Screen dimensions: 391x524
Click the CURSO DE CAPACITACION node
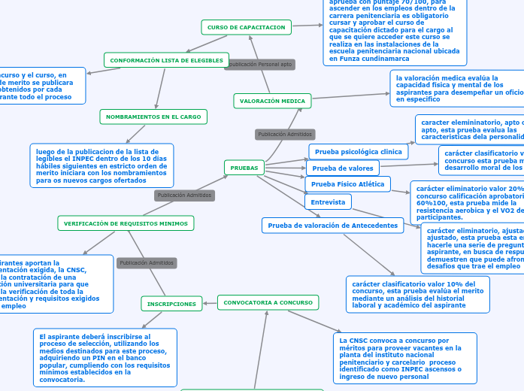(247, 27)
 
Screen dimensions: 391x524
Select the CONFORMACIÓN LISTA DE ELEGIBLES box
(166, 60)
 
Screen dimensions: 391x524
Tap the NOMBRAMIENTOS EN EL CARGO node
(153, 117)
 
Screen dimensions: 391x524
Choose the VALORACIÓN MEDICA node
(272, 101)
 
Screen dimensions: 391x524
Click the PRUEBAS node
(244, 168)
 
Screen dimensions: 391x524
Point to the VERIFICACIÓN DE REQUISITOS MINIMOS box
(126, 223)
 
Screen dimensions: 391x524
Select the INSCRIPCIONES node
(171, 304)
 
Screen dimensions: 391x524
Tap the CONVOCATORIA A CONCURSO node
(267, 302)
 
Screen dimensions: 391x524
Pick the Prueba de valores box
(343, 168)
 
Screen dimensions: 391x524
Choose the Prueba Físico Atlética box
(347, 184)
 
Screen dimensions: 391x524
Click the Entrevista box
(328, 202)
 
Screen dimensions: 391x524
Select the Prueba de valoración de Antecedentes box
(332, 226)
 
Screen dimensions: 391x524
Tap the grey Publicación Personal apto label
(259, 65)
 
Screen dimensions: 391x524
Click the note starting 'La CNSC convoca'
(406, 358)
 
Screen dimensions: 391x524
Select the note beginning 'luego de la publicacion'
(101, 165)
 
